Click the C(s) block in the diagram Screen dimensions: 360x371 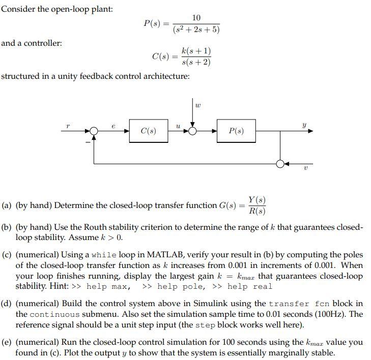click(149, 131)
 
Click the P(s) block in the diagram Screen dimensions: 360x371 click(236, 131)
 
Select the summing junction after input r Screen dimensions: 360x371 click(94, 131)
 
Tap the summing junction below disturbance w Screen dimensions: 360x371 click(193, 131)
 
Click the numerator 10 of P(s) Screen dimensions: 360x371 click(196, 18)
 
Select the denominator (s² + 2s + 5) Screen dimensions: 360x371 click(196, 29)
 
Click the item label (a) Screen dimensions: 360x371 click(7, 205)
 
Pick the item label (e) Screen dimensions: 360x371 click(7, 342)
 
